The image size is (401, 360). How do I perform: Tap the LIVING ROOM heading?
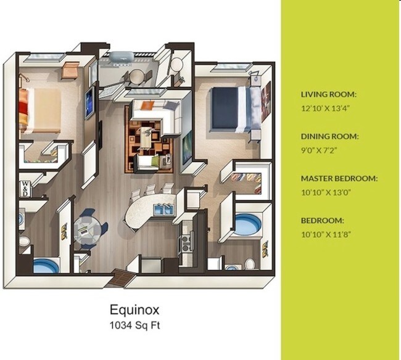coord(329,94)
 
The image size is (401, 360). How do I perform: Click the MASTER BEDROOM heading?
coord(339,178)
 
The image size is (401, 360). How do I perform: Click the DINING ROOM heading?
coord(329,136)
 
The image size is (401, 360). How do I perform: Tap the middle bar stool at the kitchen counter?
coord(152,189)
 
